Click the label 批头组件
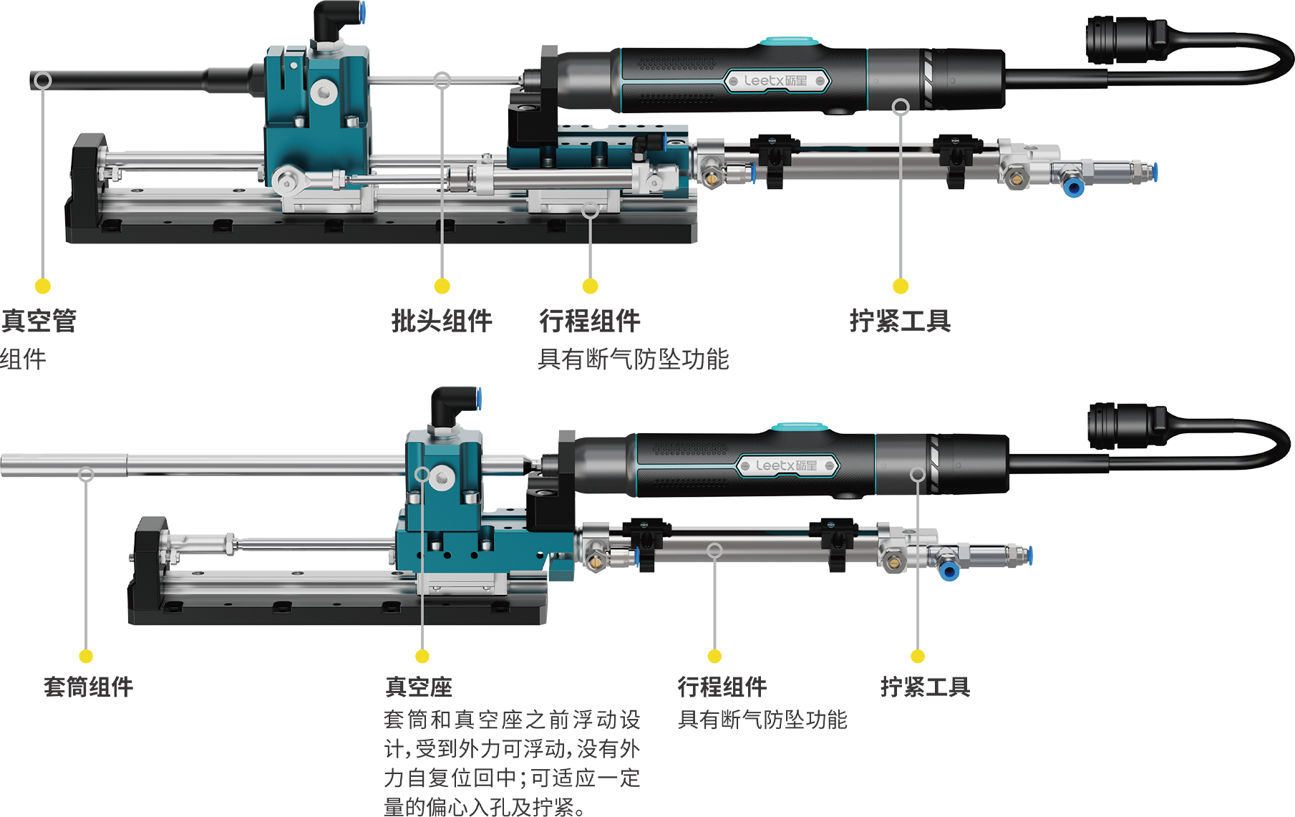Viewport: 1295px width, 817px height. click(442, 321)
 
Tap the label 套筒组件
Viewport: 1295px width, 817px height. click(88, 687)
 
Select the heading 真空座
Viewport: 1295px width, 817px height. click(419, 687)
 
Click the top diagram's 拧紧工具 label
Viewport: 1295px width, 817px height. click(900, 321)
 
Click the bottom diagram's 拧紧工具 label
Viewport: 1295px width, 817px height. click(925, 687)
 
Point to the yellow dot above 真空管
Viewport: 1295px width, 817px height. click(43, 286)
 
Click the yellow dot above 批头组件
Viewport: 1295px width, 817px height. click(442, 286)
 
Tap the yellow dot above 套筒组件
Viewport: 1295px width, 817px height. click(86, 656)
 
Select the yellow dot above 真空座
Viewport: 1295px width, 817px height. click(422, 656)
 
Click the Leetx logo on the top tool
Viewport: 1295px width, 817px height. click(776, 81)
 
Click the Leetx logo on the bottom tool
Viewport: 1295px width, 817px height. click(787, 465)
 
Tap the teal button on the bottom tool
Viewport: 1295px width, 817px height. click(800, 427)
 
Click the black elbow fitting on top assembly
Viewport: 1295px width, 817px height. click(336, 21)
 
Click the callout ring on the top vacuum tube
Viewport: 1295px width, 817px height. click(43, 80)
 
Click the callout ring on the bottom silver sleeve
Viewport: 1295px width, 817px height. click(86, 474)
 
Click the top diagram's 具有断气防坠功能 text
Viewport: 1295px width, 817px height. click(633, 359)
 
